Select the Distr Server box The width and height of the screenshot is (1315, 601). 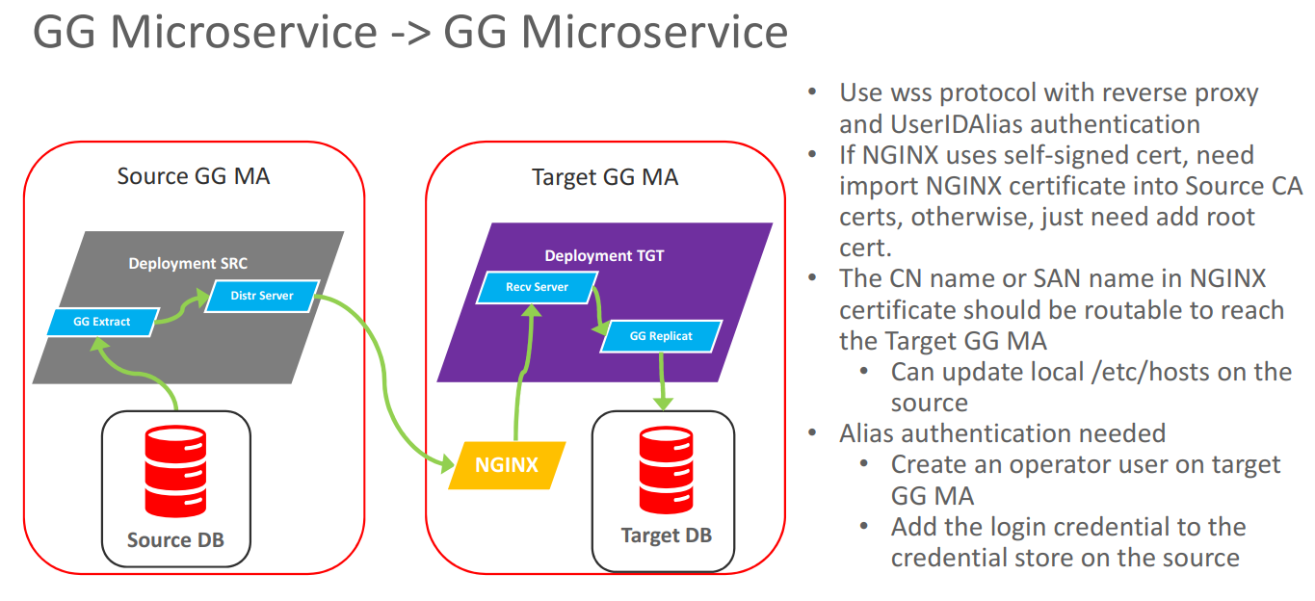tap(262, 296)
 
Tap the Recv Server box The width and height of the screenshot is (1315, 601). tap(538, 287)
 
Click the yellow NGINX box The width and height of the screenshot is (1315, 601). tap(507, 466)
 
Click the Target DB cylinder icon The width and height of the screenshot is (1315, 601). tap(666, 471)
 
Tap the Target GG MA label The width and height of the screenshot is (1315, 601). tap(605, 177)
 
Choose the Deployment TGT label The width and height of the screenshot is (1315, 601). tap(604, 255)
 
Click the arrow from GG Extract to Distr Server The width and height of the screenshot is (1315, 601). tap(180, 310)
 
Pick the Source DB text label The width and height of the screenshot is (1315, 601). tap(175, 539)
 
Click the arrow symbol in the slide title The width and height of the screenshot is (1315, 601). tap(409, 32)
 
